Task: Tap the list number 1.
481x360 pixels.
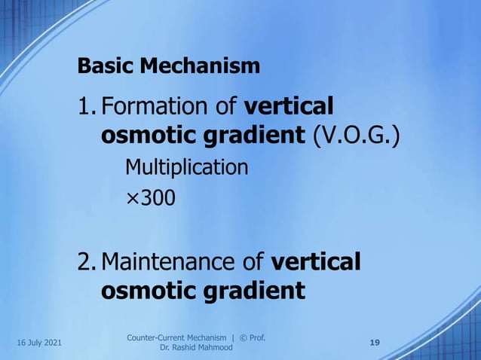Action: click(85, 107)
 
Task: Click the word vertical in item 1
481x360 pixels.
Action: click(290, 107)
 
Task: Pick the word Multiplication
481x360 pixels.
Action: click(186, 166)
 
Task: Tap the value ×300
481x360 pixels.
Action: click(150, 198)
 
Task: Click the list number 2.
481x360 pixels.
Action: click(86, 262)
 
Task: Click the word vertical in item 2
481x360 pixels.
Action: click(315, 262)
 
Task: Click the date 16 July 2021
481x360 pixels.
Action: click(38, 343)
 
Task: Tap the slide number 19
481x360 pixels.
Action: click(375, 343)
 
